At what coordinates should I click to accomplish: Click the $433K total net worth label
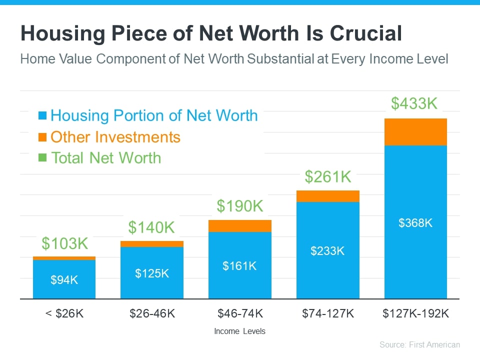414,103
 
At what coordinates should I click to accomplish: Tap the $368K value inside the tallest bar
415,223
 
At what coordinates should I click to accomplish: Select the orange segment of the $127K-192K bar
415,132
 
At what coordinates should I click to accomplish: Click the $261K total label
328,176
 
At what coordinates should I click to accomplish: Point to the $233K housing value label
327,251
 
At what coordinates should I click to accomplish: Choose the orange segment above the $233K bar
327,196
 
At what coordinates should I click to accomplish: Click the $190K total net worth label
240,205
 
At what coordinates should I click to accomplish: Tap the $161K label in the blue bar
239,266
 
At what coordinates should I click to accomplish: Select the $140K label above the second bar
151,227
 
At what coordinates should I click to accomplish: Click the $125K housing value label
152,273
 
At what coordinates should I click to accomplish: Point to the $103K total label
64,243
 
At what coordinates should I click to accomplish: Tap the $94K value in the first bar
64,280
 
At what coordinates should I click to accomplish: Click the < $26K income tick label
64,314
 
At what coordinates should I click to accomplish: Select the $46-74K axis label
239,314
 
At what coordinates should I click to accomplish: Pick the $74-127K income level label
327,314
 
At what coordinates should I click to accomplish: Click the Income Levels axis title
239,331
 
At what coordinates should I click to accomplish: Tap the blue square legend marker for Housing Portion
42,116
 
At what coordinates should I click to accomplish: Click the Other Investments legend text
115,137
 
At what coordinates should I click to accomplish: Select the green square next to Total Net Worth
42,158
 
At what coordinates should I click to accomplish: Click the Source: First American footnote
419,344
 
